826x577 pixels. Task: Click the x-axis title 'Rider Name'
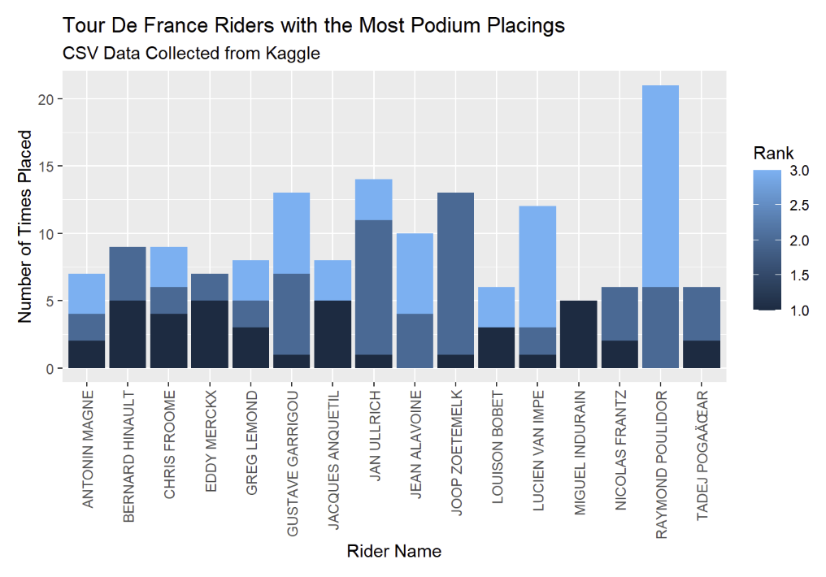tap(393, 551)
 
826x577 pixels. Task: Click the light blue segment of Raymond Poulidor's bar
tap(659, 186)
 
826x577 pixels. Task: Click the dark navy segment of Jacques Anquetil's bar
tap(332, 334)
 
